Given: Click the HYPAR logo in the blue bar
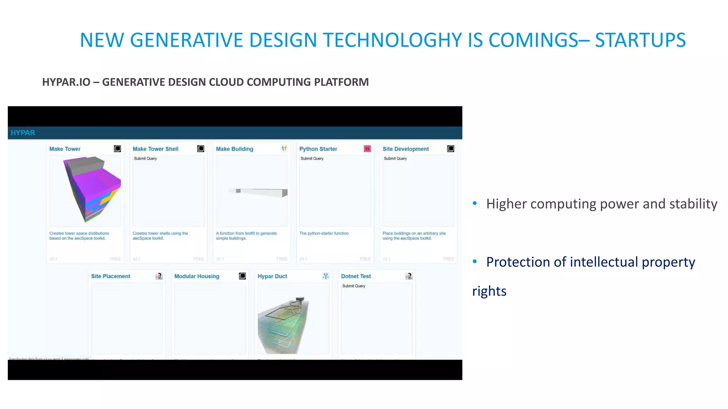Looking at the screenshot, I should pos(23,133).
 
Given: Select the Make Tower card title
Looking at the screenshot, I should pos(65,149).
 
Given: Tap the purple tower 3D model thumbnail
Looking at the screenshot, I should pos(91,188).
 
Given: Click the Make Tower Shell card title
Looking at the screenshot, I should pos(155,149).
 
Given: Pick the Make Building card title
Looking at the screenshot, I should pos(235,149).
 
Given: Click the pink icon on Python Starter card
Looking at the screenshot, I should pos(367,149).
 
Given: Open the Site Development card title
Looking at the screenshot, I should pos(406,149).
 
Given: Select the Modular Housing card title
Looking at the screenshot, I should pos(197,276).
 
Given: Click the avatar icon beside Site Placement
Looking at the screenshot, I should pos(159,276).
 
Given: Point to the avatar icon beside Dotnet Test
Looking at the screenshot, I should pos(409,276).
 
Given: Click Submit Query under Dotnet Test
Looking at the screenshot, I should pos(354,286).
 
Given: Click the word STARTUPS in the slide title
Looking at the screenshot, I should pos(640,40).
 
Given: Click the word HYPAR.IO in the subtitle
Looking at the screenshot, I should pos(66,82).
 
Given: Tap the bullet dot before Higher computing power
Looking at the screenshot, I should pos(475,203).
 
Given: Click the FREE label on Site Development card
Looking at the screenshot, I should pos(448,259).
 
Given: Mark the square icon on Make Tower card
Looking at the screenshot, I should pos(117,149).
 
